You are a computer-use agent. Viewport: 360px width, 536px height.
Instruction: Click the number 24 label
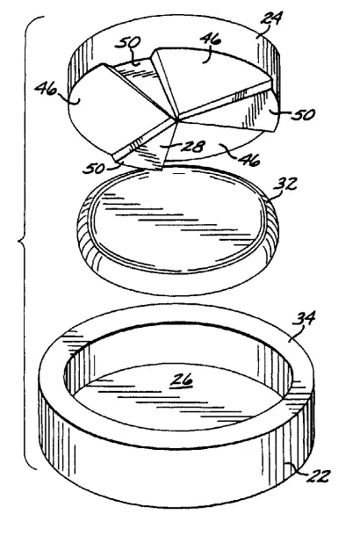tap(271, 18)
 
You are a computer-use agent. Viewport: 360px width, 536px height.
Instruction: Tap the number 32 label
tap(285, 185)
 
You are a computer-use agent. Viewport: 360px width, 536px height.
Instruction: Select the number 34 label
tap(304, 319)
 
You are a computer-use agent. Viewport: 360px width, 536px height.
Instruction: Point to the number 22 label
tap(319, 476)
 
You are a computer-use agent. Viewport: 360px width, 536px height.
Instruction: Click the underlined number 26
tap(183, 380)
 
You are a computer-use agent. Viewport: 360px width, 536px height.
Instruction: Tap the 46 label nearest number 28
tap(249, 159)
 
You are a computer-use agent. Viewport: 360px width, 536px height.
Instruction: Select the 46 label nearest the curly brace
tap(46, 90)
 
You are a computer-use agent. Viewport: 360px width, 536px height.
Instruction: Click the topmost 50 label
tap(127, 43)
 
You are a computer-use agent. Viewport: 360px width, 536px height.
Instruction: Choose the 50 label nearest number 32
tap(303, 114)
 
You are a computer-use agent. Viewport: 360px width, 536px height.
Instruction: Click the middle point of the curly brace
tap(19, 242)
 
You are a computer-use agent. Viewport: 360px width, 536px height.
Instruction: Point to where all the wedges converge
tap(176, 120)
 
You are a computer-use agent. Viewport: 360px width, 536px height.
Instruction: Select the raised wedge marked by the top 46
tap(208, 78)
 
